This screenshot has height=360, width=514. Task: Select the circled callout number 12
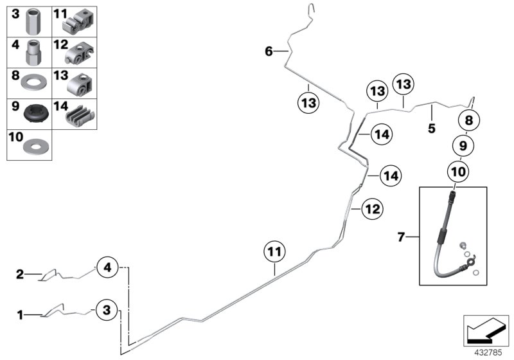click(x=373, y=208)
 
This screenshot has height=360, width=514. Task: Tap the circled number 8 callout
click(x=468, y=120)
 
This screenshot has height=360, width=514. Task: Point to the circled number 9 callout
click(x=463, y=146)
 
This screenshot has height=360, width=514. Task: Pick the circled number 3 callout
click(x=107, y=310)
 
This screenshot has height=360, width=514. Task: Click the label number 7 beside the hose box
click(x=401, y=238)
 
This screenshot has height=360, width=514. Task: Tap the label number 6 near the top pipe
click(x=269, y=51)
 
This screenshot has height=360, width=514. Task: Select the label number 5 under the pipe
click(x=431, y=129)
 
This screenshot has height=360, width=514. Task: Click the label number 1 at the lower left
click(x=20, y=314)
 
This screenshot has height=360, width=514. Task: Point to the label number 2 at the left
click(x=20, y=274)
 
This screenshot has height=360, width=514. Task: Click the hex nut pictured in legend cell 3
click(x=34, y=23)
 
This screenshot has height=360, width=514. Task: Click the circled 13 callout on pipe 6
click(x=308, y=102)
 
